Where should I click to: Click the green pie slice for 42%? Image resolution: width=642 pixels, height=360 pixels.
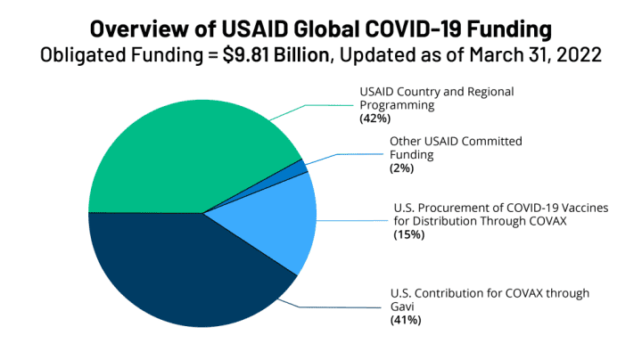point(178,151)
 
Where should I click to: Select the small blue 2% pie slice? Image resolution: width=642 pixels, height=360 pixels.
point(300,167)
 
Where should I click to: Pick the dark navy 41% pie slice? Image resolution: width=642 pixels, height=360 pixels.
point(187,276)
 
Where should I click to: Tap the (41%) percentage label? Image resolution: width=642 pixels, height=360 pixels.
point(406,320)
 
